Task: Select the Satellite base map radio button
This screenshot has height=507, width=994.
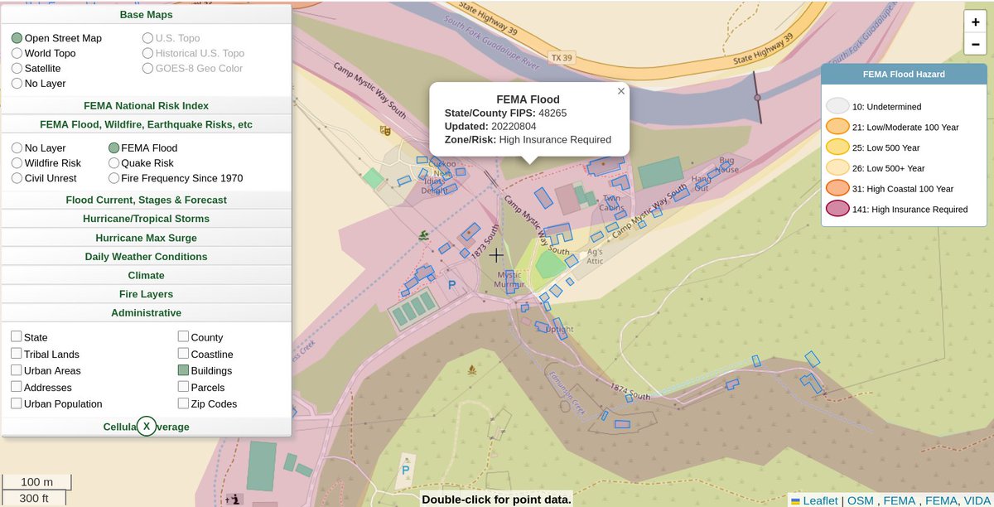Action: tap(17, 69)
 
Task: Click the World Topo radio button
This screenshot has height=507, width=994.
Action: tap(17, 54)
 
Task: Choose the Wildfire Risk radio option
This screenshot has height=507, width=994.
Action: tap(17, 163)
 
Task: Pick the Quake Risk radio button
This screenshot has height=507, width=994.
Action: tap(113, 163)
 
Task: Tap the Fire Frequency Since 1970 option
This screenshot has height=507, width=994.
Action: tap(113, 178)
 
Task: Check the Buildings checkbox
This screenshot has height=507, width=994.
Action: tap(184, 370)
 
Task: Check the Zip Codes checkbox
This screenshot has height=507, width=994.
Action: tap(184, 403)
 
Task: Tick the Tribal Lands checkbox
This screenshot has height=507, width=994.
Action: tap(17, 354)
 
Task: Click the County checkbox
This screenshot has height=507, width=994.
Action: tap(184, 337)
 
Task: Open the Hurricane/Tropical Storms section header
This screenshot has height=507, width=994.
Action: tap(146, 219)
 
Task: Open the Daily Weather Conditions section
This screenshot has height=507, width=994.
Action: tap(146, 257)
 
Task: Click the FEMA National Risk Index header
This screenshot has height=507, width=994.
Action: tap(146, 106)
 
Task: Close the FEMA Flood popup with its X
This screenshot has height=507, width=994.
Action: tap(621, 91)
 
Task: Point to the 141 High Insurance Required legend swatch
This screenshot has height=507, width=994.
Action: tap(838, 210)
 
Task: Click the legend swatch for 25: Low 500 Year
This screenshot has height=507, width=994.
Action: tap(838, 147)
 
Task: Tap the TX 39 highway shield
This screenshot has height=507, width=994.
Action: tap(562, 58)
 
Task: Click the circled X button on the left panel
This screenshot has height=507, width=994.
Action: tap(147, 426)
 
